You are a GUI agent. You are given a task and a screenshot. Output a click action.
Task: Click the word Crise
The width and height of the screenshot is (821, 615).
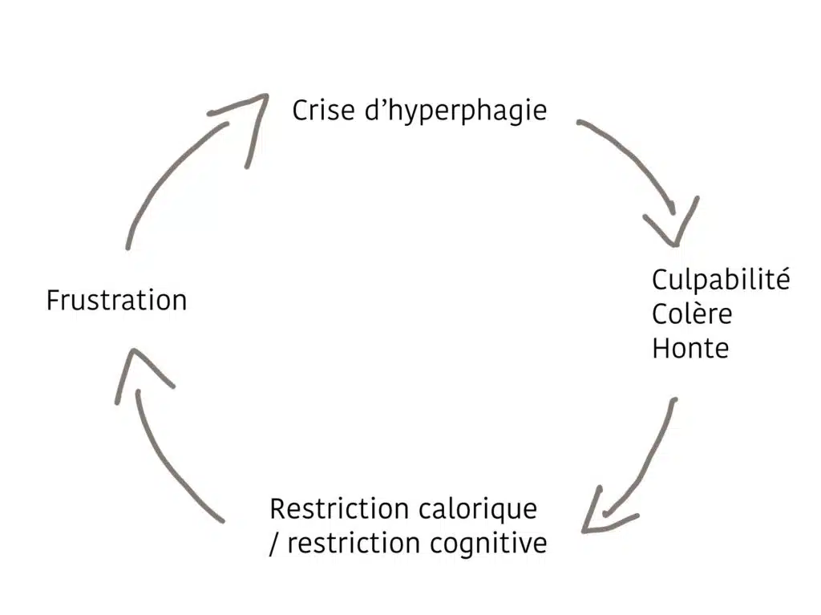(x=323, y=111)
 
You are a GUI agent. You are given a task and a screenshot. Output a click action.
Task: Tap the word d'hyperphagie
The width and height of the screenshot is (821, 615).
(x=455, y=112)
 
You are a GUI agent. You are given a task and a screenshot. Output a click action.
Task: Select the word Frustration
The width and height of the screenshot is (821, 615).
(x=117, y=301)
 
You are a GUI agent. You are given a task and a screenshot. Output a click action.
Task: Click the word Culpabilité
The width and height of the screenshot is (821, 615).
(x=721, y=281)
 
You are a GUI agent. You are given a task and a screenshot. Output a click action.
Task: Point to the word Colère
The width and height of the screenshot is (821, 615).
(x=692, y=314)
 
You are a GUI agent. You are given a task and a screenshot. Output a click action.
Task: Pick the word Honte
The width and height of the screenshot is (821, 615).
(x=690, y=348)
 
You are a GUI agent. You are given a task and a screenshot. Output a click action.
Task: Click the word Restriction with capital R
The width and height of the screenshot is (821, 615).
(x=339, y=508)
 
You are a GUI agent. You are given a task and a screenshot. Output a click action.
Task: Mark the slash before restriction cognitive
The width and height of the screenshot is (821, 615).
(x=274, y=544)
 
